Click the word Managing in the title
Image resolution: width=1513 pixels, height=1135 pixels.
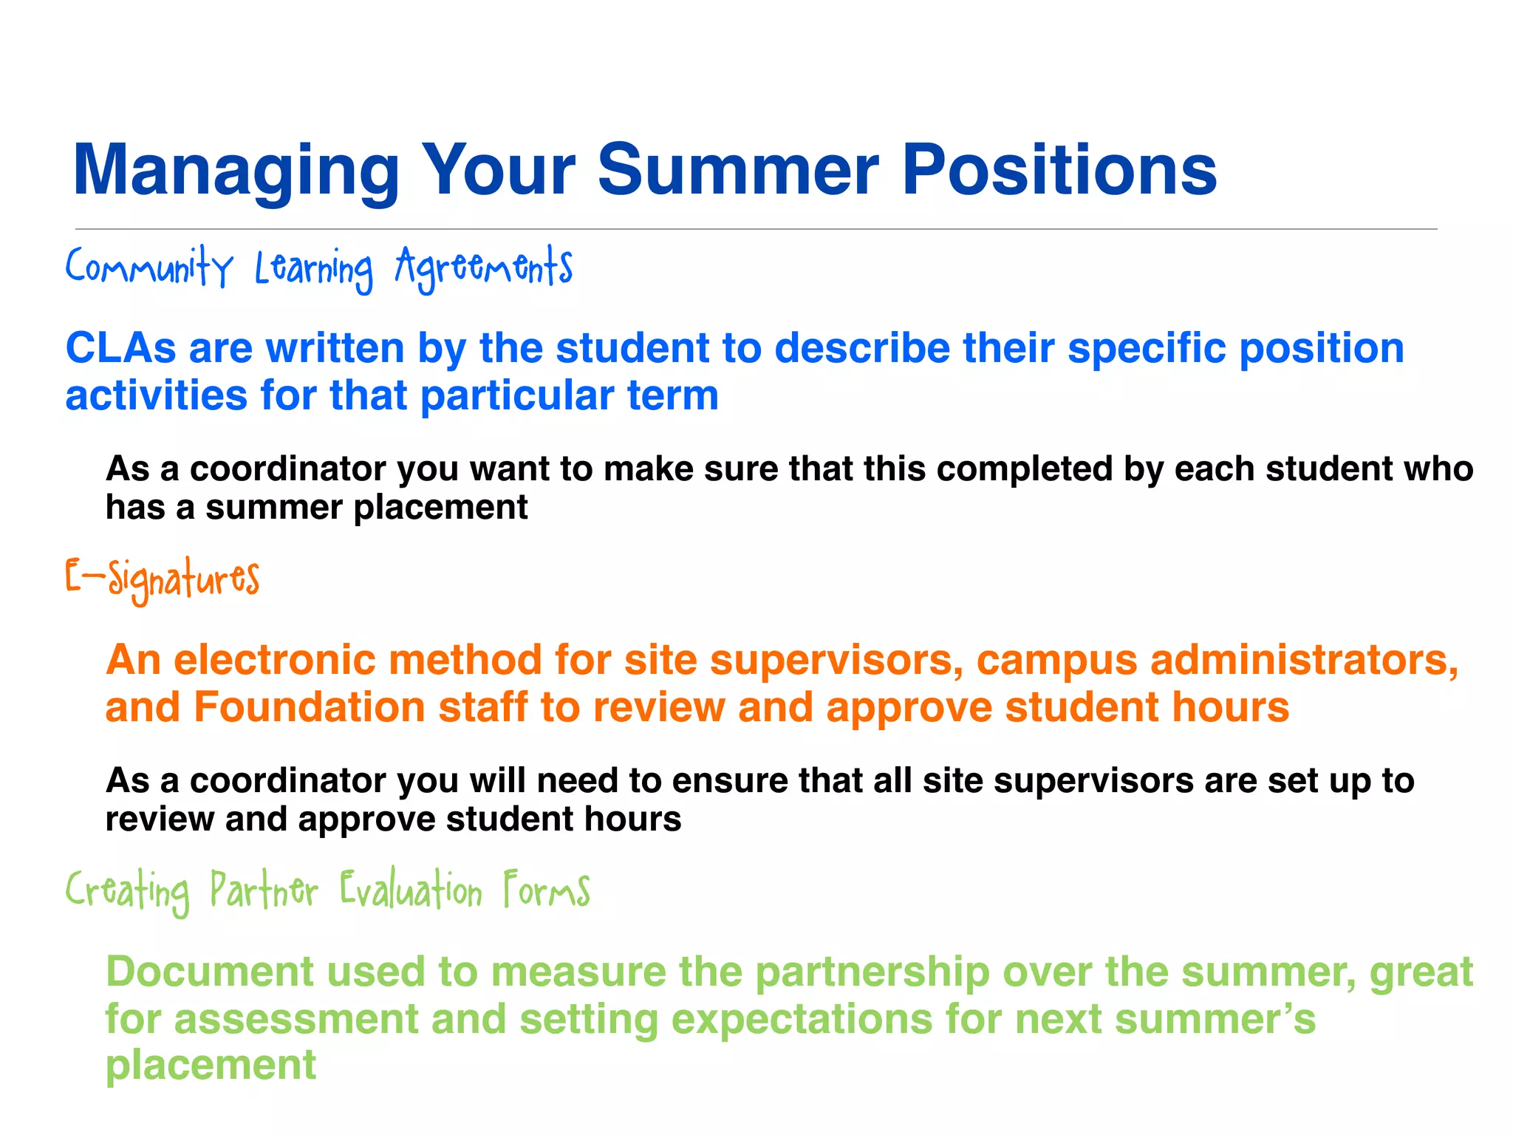pyautogui.click(x=235, y=171)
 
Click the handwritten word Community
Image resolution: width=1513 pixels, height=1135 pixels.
pyautogui.click(x=149, y=267)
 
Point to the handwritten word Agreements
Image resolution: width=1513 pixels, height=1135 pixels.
pyautogui.click(x=484, y=267)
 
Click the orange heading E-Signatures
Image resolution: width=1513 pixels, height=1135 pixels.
pyautogui.click(x=163, y=579)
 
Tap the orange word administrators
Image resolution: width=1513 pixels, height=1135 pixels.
pyautogui.click(x=1304, y=659)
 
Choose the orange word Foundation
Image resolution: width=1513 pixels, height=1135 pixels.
pyautogui.click(x=310, y=707)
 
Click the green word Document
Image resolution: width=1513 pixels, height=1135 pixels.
pyautogui.click(x=210, y=971)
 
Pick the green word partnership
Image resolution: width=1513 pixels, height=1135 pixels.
pyautogui.click(x=872, y=972)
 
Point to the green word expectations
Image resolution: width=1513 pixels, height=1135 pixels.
pyautogui.click(x=802, y=1020)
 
